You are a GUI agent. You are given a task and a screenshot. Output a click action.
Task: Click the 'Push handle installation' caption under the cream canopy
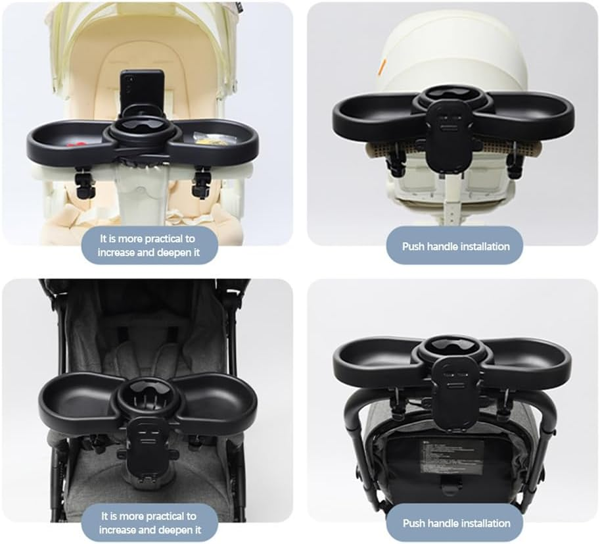click(455, 247)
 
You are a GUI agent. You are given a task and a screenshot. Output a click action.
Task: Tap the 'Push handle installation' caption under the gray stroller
click(455, 523)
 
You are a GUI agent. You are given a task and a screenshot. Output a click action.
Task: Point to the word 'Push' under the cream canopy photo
click(413, 247)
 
